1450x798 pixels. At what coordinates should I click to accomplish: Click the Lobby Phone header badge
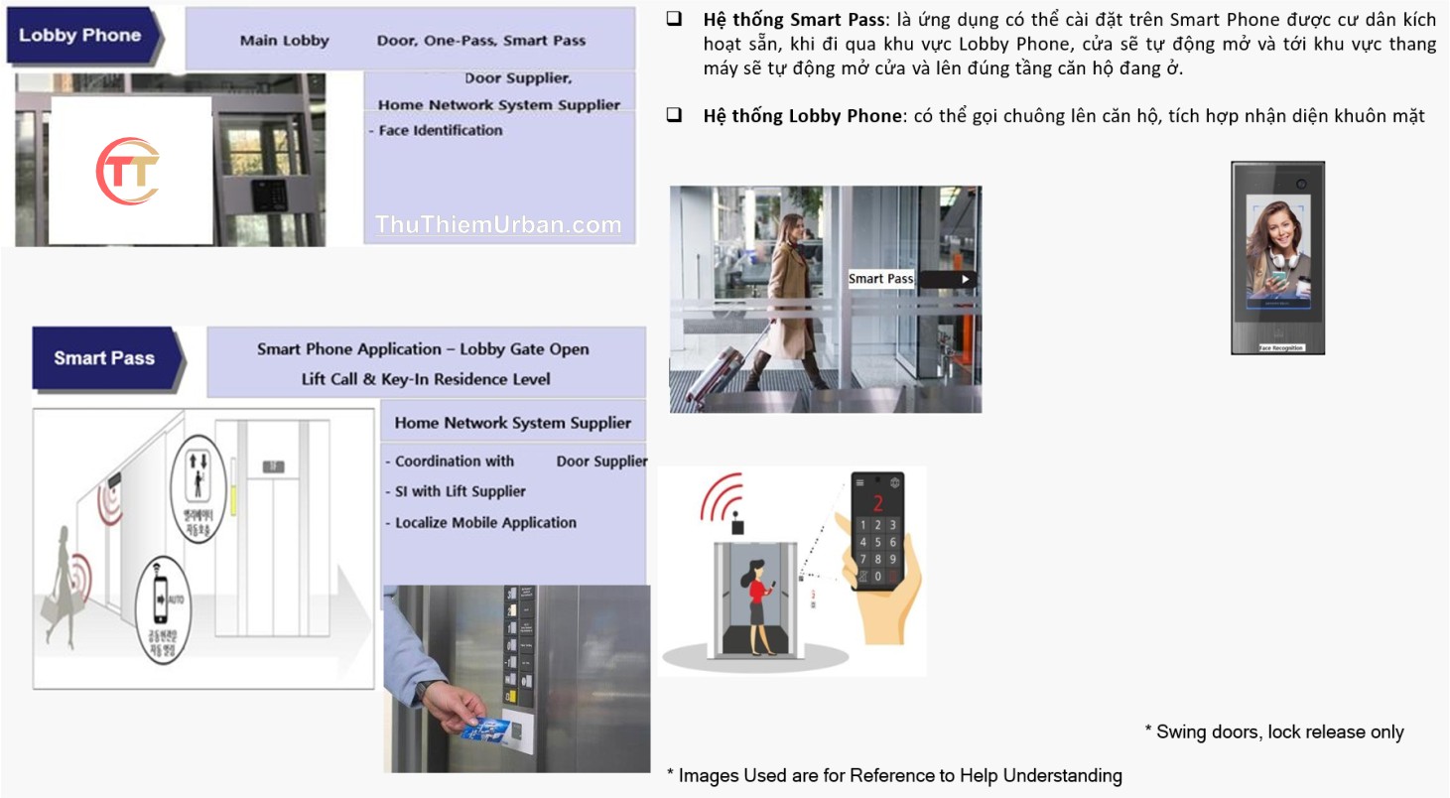click(x=81, y=36)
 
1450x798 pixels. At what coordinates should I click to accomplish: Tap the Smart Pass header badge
click(x=105, y=358)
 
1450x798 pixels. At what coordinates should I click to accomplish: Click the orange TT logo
click(x=128, y=172)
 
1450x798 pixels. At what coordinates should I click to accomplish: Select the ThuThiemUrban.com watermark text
click(x=498, y=225)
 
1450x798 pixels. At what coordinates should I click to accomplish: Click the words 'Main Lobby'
click(x=284, y=41)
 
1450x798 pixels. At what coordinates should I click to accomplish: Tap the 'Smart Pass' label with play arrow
click(x=911, y=279)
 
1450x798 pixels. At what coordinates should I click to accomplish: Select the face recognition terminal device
click(x=1277, y=257)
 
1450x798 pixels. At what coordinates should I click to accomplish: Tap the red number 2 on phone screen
click(x=877, y=502)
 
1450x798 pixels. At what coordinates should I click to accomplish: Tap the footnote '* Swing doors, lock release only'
click(x=1273, y=732)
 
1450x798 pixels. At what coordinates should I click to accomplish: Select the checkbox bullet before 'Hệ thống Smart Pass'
click(x=674, y=20)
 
